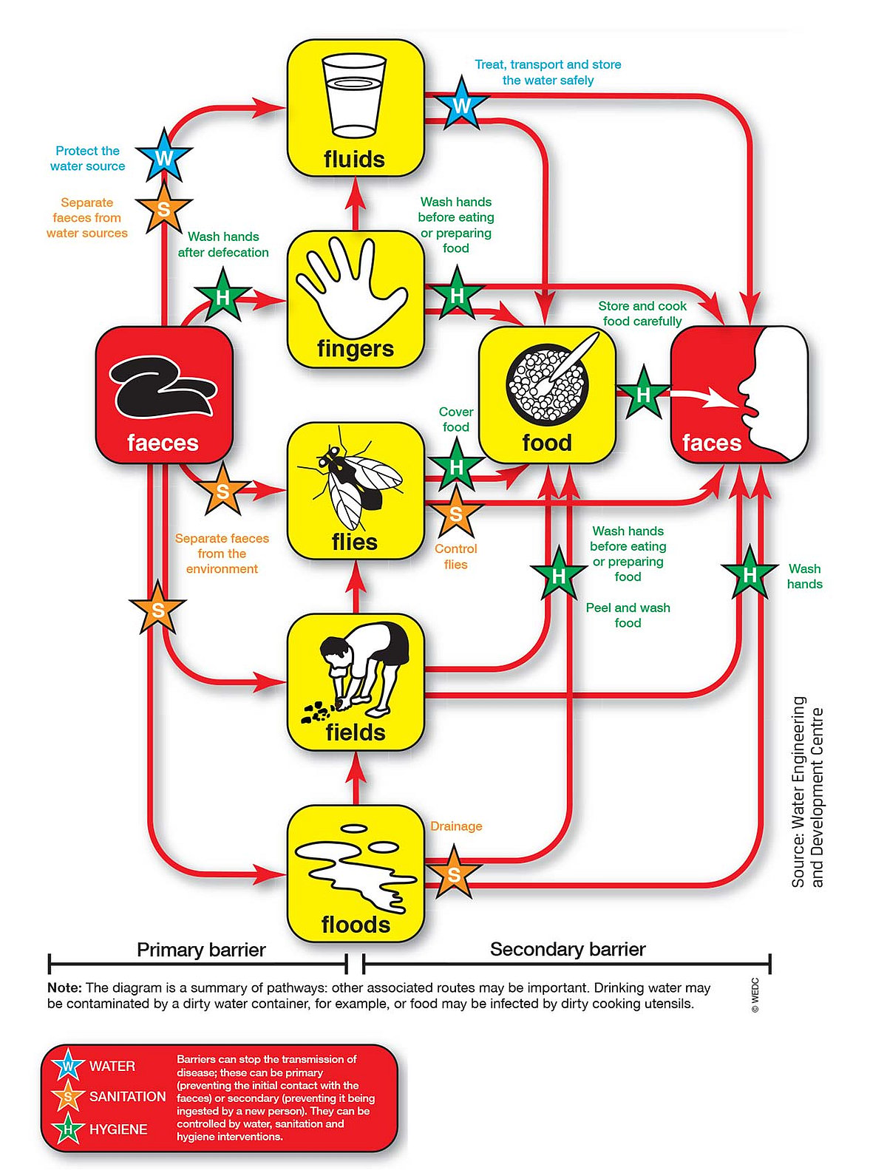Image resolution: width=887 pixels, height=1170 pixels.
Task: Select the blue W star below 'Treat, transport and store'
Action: pyautogui.click(x=462, y=104)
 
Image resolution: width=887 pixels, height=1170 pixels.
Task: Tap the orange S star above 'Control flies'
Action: pyautogui.click(x=456, y=513)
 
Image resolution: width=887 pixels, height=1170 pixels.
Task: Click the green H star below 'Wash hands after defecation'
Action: pyautogui.click(x=222, y=296)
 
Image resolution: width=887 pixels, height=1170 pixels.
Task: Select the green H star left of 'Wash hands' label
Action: pyautogui.click(x=749, y=574)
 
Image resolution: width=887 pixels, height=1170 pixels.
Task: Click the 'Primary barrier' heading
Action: pyautogui.click(x=201, y=950)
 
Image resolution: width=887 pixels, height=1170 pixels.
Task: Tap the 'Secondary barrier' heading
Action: pyautogui.click(x=568, y=949)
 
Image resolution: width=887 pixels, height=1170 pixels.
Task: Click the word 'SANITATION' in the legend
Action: pyautogui.click(x=127, y=1096)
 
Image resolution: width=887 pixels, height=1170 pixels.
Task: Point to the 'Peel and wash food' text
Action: pyautogui.click(x=628, y=615)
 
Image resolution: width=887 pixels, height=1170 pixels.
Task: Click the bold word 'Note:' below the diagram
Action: pyautogui.click(x=64, y=987)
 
